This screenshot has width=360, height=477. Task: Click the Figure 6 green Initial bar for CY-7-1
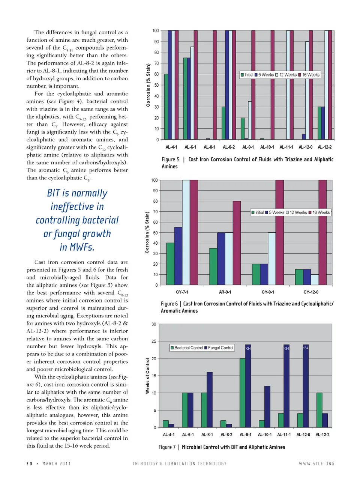coord(170,264)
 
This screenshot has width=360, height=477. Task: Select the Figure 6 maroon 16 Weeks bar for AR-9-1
coord(237,243)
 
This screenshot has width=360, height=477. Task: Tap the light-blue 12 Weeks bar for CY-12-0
coord(315,280)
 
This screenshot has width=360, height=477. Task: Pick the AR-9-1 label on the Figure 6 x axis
coord(225,292)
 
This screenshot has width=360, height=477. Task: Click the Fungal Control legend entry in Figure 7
coord(220,348)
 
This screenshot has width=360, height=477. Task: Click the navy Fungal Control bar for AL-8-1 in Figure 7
coord(210,400)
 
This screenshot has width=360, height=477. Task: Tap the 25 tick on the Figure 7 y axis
coord(154,341)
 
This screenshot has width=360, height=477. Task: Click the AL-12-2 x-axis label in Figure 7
coord(322,435)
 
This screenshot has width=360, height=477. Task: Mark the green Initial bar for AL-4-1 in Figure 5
coord(166,107)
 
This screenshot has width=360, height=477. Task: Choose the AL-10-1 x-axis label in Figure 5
coord(267,147)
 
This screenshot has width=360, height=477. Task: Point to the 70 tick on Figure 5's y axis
coord(156,63)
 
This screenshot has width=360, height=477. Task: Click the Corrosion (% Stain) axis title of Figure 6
coord(147,232)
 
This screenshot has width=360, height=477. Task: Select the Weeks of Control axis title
coord(147,376)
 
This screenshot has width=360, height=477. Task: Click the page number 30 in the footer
coord(29,464)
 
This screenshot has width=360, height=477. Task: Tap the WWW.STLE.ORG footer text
coord(316,464)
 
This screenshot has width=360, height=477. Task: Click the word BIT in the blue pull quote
coord(54,193)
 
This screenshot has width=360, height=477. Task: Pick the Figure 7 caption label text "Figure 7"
coord(167,447)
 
